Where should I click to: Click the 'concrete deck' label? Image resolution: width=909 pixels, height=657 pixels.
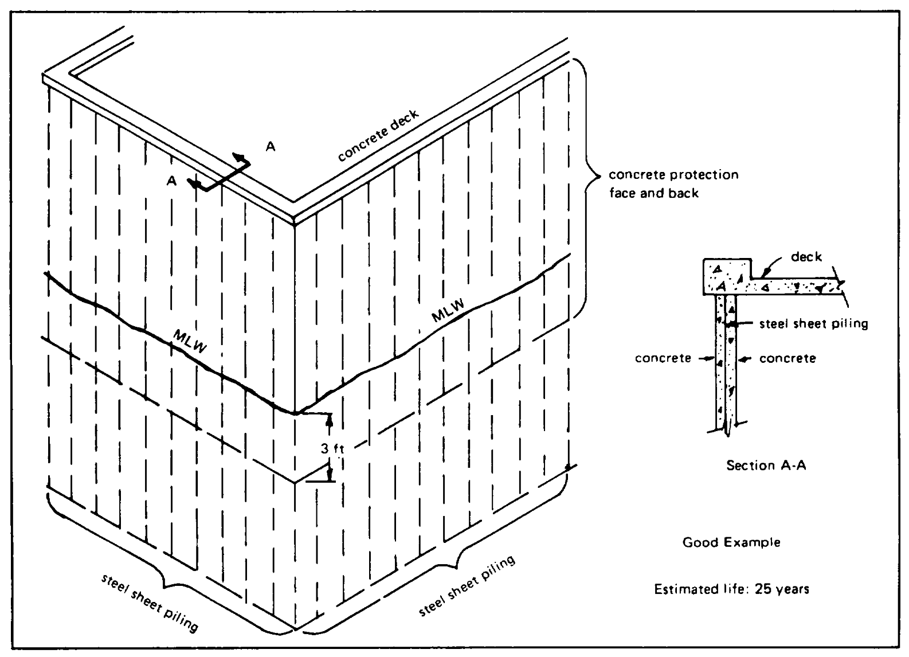(378, 136)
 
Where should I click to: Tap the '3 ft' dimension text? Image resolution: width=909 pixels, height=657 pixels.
(331, 449)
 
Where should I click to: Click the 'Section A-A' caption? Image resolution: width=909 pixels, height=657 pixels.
(766, 465)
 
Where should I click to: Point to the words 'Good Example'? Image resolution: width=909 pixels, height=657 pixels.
(731, 542)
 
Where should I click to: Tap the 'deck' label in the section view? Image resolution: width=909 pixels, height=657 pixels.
(806, 257)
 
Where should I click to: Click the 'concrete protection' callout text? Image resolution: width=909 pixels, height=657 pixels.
(673, 174)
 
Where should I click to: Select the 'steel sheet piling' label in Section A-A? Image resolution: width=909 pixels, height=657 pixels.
(813, 324)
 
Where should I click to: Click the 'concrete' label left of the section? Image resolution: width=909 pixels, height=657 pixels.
(663, 359)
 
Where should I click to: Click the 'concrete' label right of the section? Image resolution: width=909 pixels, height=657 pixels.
(787, 359)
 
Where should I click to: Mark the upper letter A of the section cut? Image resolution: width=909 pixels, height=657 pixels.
(271, 147)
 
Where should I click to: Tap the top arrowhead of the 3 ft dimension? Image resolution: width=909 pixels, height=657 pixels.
(329, 420)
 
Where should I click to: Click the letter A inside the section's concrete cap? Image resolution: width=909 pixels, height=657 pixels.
(720, 285)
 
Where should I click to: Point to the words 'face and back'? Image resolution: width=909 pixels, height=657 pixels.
(653, 194)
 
